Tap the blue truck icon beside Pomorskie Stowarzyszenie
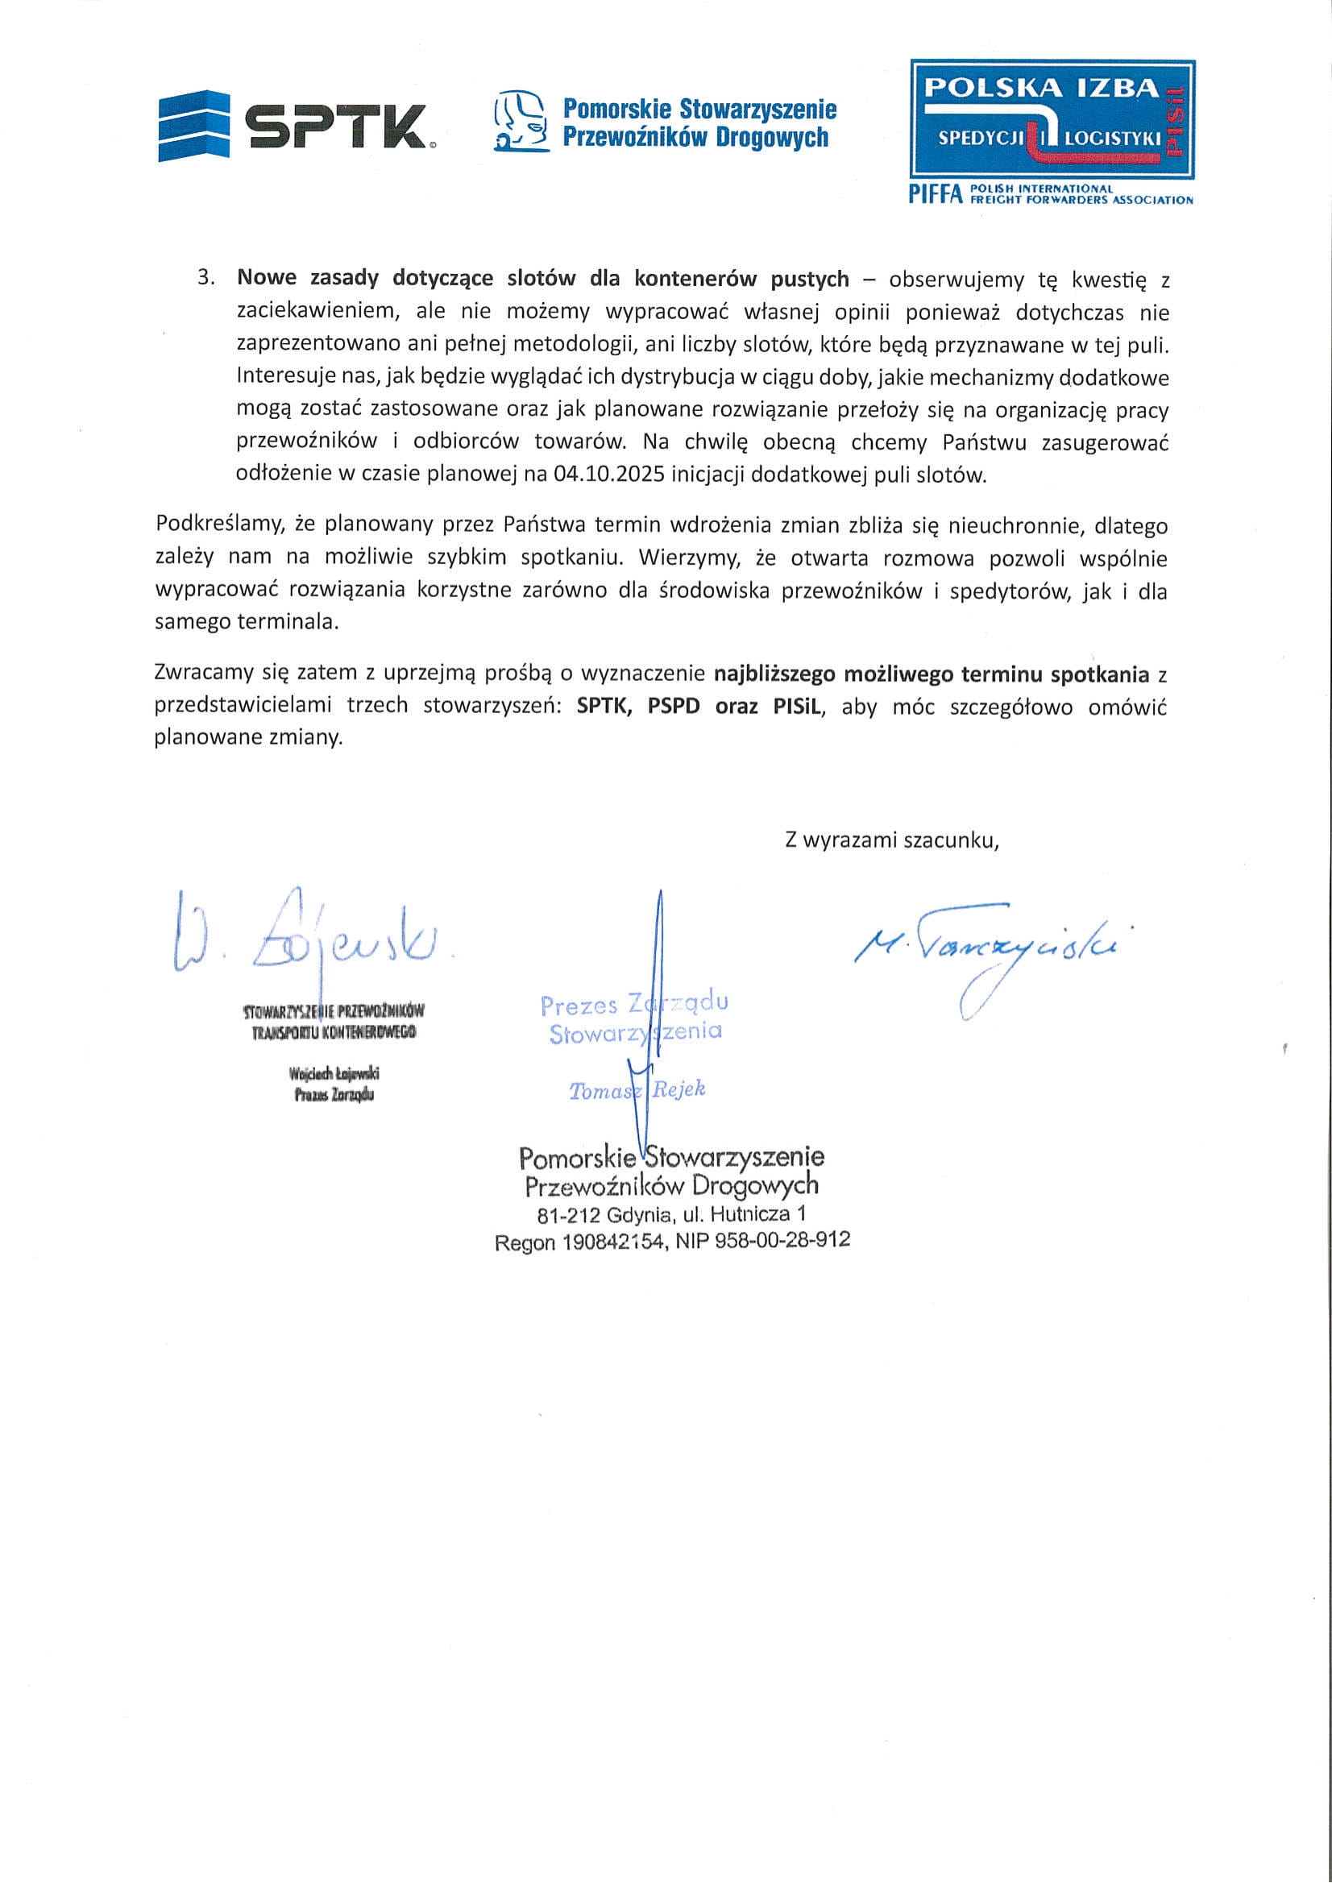point(520,121)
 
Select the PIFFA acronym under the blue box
point(933,194)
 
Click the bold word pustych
point(810,279)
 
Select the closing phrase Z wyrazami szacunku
point(891,840)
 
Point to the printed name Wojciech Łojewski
point(334,1073)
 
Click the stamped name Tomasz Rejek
point(637,1090)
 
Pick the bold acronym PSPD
point(674,706)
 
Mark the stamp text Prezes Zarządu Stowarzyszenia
point(634,1018)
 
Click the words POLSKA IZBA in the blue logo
point(1041,89)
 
